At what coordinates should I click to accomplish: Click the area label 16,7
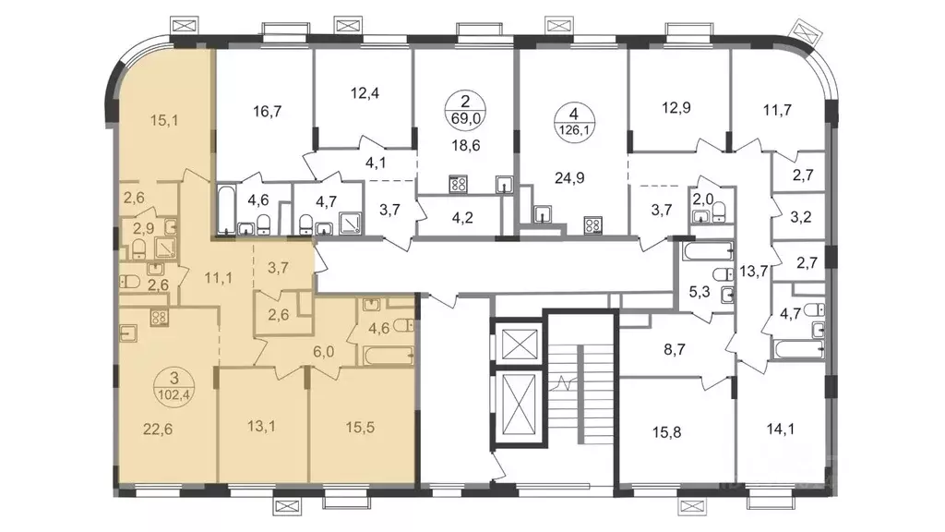268,112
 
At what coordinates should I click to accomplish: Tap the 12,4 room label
365,93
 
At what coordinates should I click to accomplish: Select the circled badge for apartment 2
465,109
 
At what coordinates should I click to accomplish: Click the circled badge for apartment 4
574,121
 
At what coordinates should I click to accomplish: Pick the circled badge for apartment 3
174,387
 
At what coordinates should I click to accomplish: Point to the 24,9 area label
569,178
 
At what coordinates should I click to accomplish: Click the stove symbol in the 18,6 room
458,184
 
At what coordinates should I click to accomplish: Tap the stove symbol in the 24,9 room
592,225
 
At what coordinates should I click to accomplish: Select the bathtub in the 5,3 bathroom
708,250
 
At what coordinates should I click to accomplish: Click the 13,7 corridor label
754,272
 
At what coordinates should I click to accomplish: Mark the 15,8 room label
666,432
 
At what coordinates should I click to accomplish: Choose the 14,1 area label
780,429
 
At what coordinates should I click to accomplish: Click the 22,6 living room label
158,429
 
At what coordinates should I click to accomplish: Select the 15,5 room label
361,427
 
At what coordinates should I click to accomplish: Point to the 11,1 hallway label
218,278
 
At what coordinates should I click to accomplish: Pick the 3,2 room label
800,217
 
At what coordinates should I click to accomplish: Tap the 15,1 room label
164,121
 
